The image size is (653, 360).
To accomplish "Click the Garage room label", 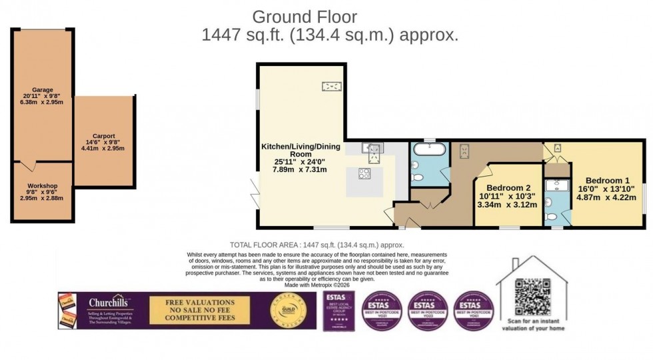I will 42,89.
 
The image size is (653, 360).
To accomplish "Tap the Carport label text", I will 103,135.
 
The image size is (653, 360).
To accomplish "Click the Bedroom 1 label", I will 607,181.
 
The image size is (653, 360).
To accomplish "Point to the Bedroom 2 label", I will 508,188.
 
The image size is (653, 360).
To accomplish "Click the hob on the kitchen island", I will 365,175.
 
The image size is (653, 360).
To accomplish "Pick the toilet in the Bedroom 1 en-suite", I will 552,216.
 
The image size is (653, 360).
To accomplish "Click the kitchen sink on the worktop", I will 370,147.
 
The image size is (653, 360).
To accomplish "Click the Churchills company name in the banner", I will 111,302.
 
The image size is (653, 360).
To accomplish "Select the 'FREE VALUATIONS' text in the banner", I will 199,302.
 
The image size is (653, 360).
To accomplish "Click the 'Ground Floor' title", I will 304,17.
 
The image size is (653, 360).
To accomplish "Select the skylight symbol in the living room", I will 331,85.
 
